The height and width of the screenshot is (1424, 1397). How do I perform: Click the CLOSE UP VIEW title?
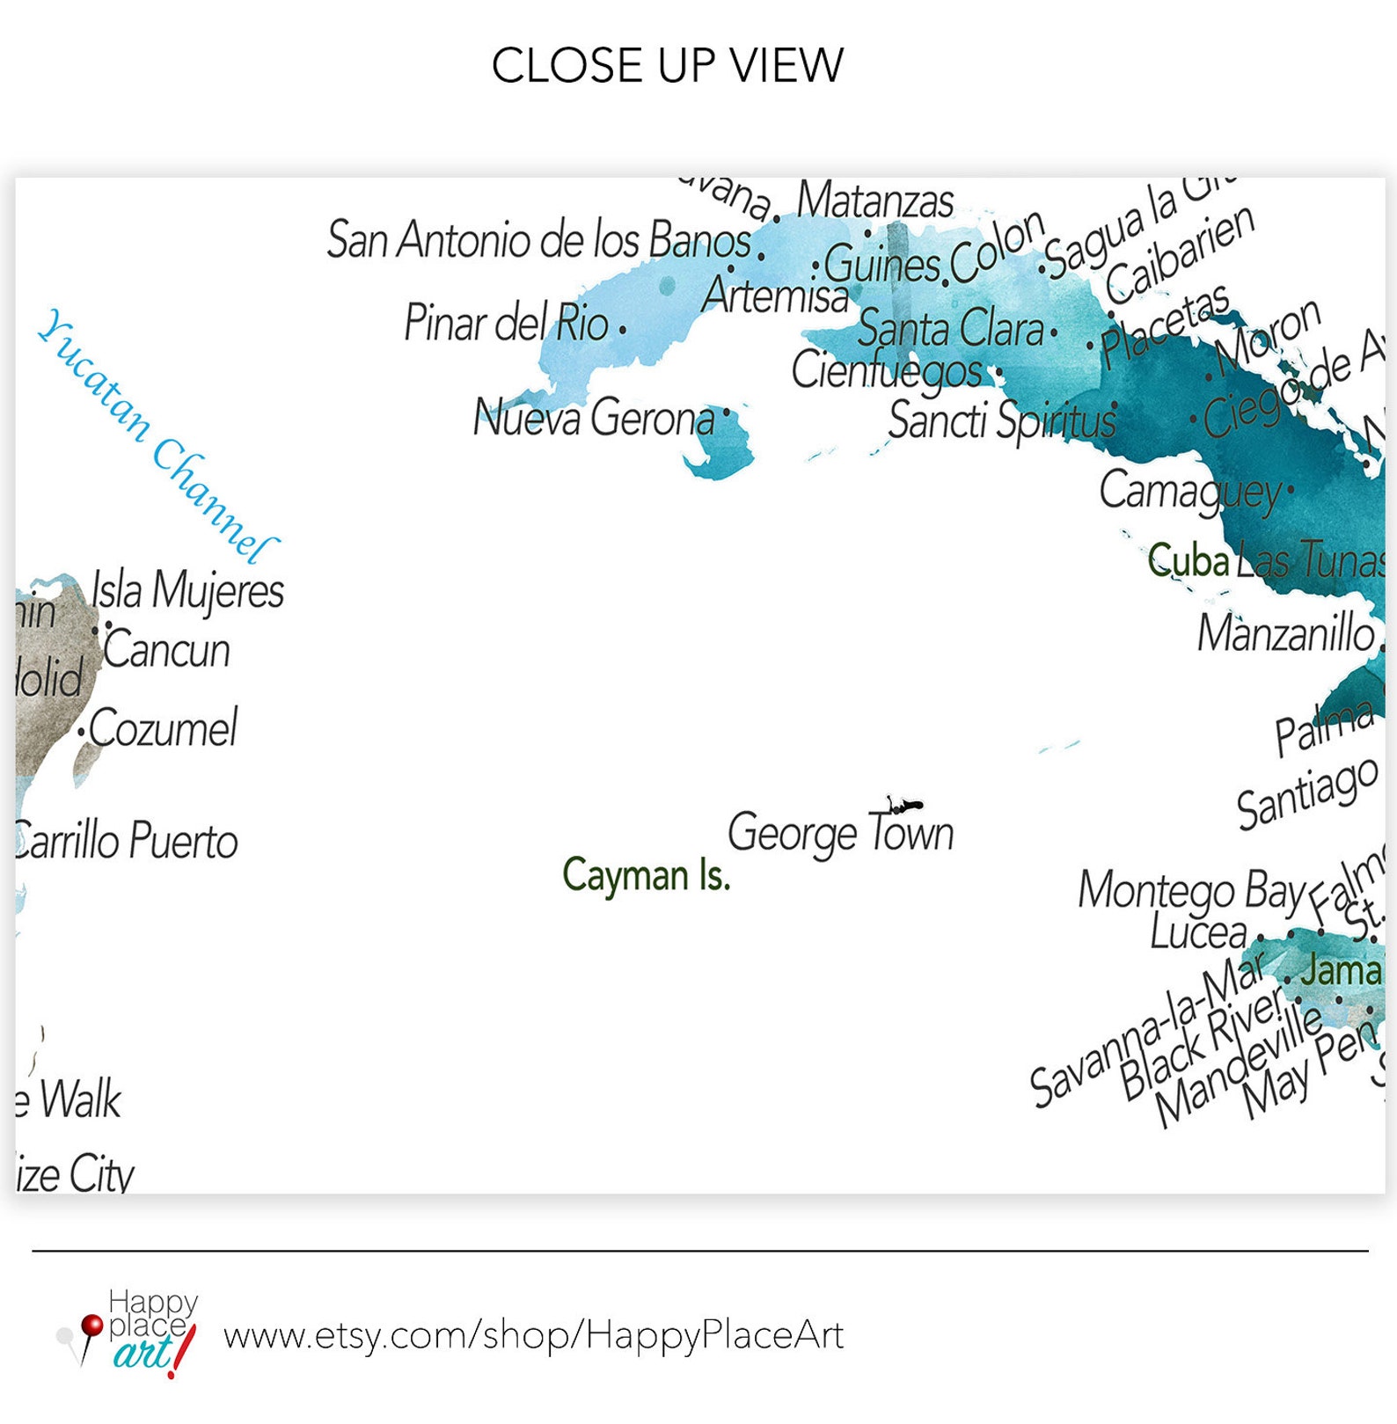click(x=667, y=66)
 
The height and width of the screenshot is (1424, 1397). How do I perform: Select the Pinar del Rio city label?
click(x=506, y=323)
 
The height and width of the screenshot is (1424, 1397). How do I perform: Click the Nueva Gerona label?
click(x=594, y=418)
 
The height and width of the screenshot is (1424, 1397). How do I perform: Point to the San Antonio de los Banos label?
click(x=538, y=240)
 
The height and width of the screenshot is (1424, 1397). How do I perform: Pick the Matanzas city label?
click(x=875, y=201)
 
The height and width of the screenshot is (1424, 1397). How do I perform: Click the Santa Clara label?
click(x=950, y=329)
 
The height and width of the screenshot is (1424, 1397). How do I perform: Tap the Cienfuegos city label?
click(x=887, y=370)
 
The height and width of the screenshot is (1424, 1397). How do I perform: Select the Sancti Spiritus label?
click(x=1001, y=420)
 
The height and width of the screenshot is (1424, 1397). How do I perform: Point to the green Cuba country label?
click(x=1188, y=560)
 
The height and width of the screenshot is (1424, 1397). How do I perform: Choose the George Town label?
click(x=840, y=833)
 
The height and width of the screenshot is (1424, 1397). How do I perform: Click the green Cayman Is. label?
click(x=647, y=875)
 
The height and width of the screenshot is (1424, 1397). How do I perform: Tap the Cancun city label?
click(x=166, y=651)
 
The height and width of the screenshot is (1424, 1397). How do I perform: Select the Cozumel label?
click(x=163, y=728)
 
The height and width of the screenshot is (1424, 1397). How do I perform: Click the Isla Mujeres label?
click(x=188, y=590)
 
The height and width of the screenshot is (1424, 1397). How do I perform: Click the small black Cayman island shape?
click(x=904, y=805)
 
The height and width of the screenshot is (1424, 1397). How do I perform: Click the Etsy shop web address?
click(x=533, y=1335)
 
